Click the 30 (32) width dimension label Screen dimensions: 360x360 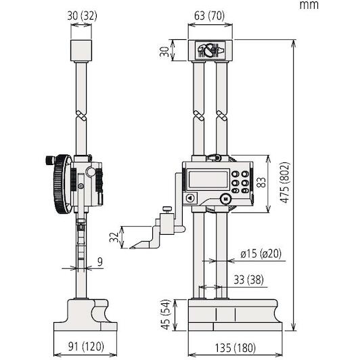point(82,16)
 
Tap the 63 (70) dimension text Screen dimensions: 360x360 point(209,16)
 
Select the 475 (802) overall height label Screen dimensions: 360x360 point(286,183)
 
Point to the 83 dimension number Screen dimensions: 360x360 point(261,182)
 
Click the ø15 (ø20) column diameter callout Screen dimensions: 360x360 point(261,254)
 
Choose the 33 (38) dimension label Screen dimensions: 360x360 point(248,279)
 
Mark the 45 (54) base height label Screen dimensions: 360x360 point(166,314)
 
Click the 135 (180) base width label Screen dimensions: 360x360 point(235,347)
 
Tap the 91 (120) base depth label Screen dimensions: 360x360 point(86,346)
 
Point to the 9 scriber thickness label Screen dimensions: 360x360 point(100,262)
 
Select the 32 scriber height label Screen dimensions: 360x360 point(114,237)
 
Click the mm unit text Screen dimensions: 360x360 point(309,5)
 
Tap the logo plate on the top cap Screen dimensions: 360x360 point(210,50)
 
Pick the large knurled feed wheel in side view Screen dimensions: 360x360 point(62,184)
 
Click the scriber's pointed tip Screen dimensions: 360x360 point(130,248)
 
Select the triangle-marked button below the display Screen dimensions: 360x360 point(190,198)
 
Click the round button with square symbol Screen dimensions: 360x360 point(225,199)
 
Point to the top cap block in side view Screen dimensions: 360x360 point(81,51)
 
